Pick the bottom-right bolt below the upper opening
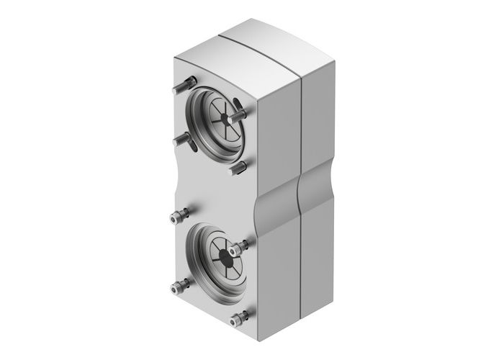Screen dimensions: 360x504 (x=237, y=168)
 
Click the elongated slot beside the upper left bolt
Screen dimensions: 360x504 (x=193, y=143)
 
